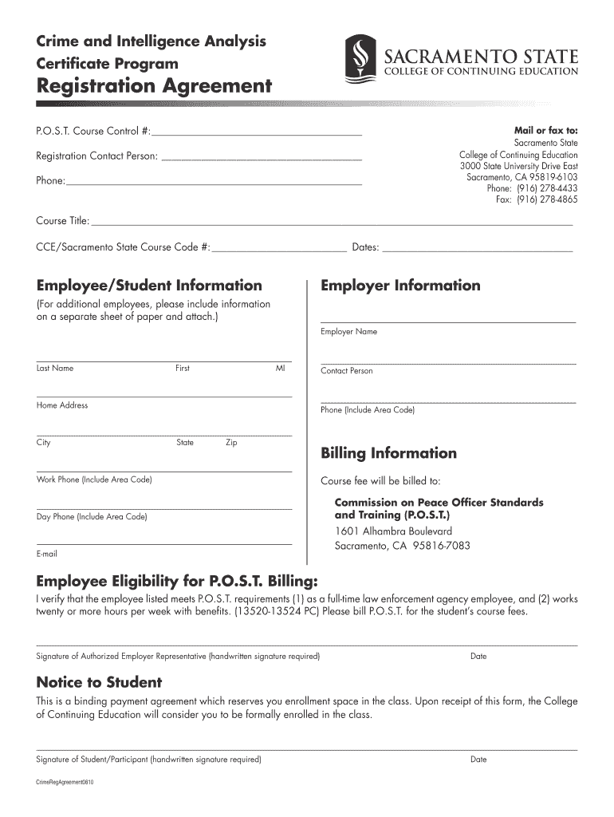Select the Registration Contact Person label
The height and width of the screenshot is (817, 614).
click(x=97, y=156)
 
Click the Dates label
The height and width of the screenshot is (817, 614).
click(x=365, y=247)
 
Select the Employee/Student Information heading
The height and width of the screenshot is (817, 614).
click(x=149, y=286)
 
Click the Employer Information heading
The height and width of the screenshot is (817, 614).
click(x=400, y=286)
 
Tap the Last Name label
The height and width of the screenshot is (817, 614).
click(x=55, y=369)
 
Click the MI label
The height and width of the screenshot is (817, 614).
click(x=280, y=369)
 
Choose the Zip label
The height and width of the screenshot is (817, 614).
click(x=231, y=443)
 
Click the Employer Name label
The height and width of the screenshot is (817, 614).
click(x=348, y=332)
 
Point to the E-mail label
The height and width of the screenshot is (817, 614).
click(x=47, y=554)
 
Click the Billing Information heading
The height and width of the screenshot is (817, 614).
click(x=388, y=453)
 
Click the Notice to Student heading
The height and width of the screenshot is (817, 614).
click(x=100, y=682)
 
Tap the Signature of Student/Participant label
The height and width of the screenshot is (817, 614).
click(x=149, y=760)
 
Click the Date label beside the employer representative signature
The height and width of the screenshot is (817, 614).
click(x=478, y=657)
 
